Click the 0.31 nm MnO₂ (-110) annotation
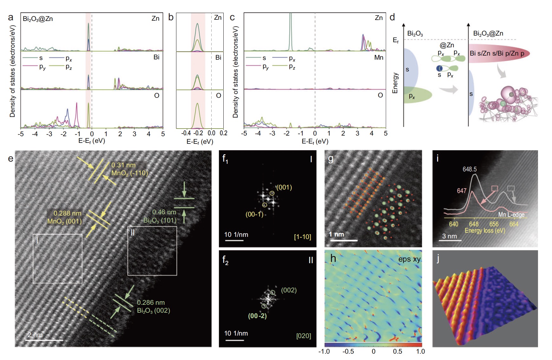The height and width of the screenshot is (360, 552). [129, 169]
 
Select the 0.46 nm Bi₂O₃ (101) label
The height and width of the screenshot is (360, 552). [160, 216]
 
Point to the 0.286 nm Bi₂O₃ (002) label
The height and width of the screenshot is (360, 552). [154, 307]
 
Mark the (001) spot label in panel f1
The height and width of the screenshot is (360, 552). [284, 187]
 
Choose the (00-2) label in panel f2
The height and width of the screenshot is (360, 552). [257, 316]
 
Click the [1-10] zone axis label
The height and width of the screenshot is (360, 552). [302, 237]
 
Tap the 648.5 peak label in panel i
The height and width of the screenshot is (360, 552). [470, 169]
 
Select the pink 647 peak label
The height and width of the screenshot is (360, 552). [462, 191]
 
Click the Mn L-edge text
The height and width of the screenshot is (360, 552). [511, 215]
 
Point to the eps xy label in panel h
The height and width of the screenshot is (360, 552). [409, 259]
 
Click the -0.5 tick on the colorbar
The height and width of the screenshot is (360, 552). [348, 351]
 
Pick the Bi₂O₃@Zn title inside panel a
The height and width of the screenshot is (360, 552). [38, 19]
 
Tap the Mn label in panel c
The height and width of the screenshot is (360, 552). [379, 57]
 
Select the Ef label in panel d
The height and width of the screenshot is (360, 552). [396, 40]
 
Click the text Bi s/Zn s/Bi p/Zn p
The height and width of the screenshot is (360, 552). [497, 53]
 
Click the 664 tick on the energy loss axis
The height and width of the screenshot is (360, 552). [514, 224]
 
